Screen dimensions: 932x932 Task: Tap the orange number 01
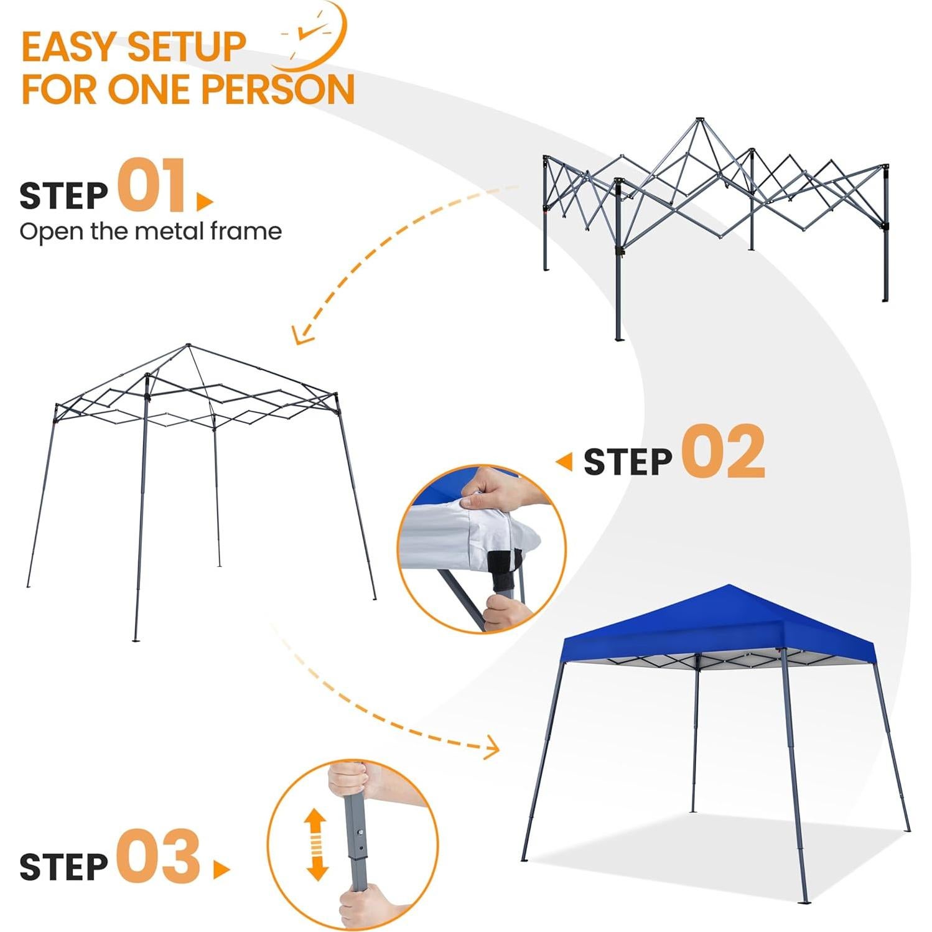(x=152, y=185)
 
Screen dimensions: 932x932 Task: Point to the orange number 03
(x=159, y=856)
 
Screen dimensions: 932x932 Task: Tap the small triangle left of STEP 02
(x=564, y=462)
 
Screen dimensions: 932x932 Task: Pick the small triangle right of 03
(x=220, y=869)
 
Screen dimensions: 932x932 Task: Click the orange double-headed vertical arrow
(x=317, y=844)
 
